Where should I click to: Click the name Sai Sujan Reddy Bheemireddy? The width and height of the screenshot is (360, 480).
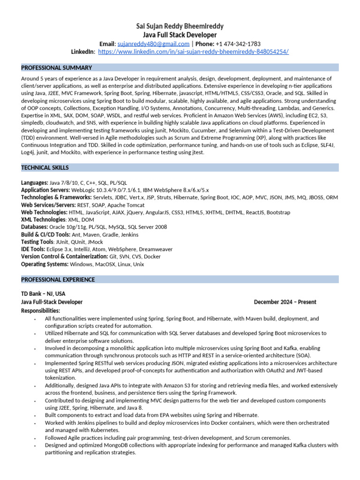tap(180, 27)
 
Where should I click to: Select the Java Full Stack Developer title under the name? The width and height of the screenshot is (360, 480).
tap(180, 35)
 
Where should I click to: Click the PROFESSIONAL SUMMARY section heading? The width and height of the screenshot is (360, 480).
tap(57, 68)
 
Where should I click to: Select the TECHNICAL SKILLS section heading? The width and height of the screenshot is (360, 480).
tap(45, 167)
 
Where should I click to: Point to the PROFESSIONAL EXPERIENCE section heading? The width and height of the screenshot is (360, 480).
tap(58, 280)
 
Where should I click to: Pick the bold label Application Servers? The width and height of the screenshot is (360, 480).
tap(45, 190)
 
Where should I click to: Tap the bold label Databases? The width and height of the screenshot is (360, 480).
tap(35, 227)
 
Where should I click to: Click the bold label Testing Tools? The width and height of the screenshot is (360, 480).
tap(37, 242)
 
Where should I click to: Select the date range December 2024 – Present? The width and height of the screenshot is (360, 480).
tap(285, 302)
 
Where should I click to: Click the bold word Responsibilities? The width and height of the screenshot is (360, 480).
tap(41, 311)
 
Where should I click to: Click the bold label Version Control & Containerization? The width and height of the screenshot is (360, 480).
tap(58, 257)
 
